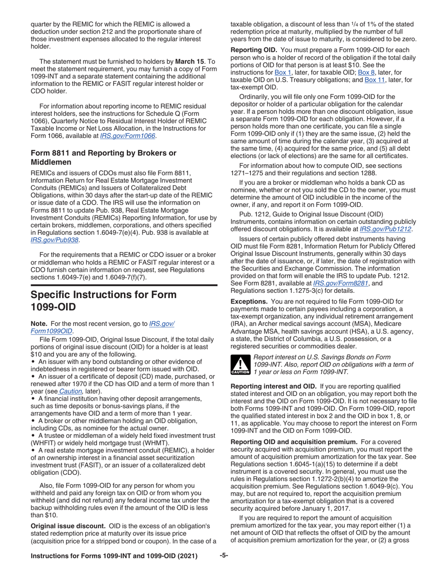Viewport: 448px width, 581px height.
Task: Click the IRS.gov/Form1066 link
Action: [x=128, y=136]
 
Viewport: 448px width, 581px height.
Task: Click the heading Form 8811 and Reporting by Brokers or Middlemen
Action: [x=103, y=157]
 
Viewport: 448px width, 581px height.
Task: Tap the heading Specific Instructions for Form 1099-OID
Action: [x=103, y=301]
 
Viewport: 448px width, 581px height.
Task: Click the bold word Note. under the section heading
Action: [x=40, y=324]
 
